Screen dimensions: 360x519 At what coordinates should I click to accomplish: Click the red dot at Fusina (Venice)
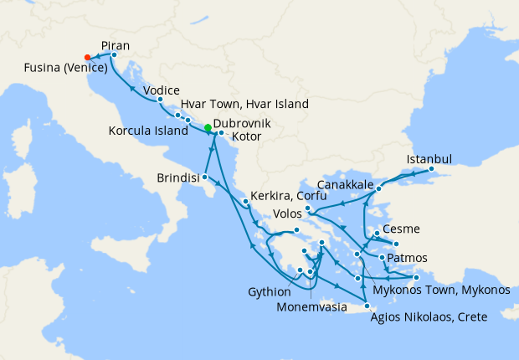(x=88, y=58)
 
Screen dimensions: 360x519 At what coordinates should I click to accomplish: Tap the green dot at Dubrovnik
(x=208, y=127)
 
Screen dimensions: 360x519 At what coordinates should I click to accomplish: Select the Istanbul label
(x=429, y=159)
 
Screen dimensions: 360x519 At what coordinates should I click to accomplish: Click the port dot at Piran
(x=114, y=55)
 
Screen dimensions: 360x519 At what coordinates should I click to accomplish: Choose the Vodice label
(x=162, y=90)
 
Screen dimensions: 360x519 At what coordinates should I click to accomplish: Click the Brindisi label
(x=178, y=178)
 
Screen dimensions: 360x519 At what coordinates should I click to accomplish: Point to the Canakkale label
(x=345, y=184)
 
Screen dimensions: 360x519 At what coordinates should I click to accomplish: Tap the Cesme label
(x=400, y=229)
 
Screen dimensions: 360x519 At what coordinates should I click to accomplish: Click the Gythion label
(x=270, y=292)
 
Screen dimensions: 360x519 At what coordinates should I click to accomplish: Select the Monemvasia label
(x=311, y=306)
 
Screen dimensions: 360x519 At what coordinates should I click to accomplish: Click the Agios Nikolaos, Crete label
(x=428, y=316)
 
